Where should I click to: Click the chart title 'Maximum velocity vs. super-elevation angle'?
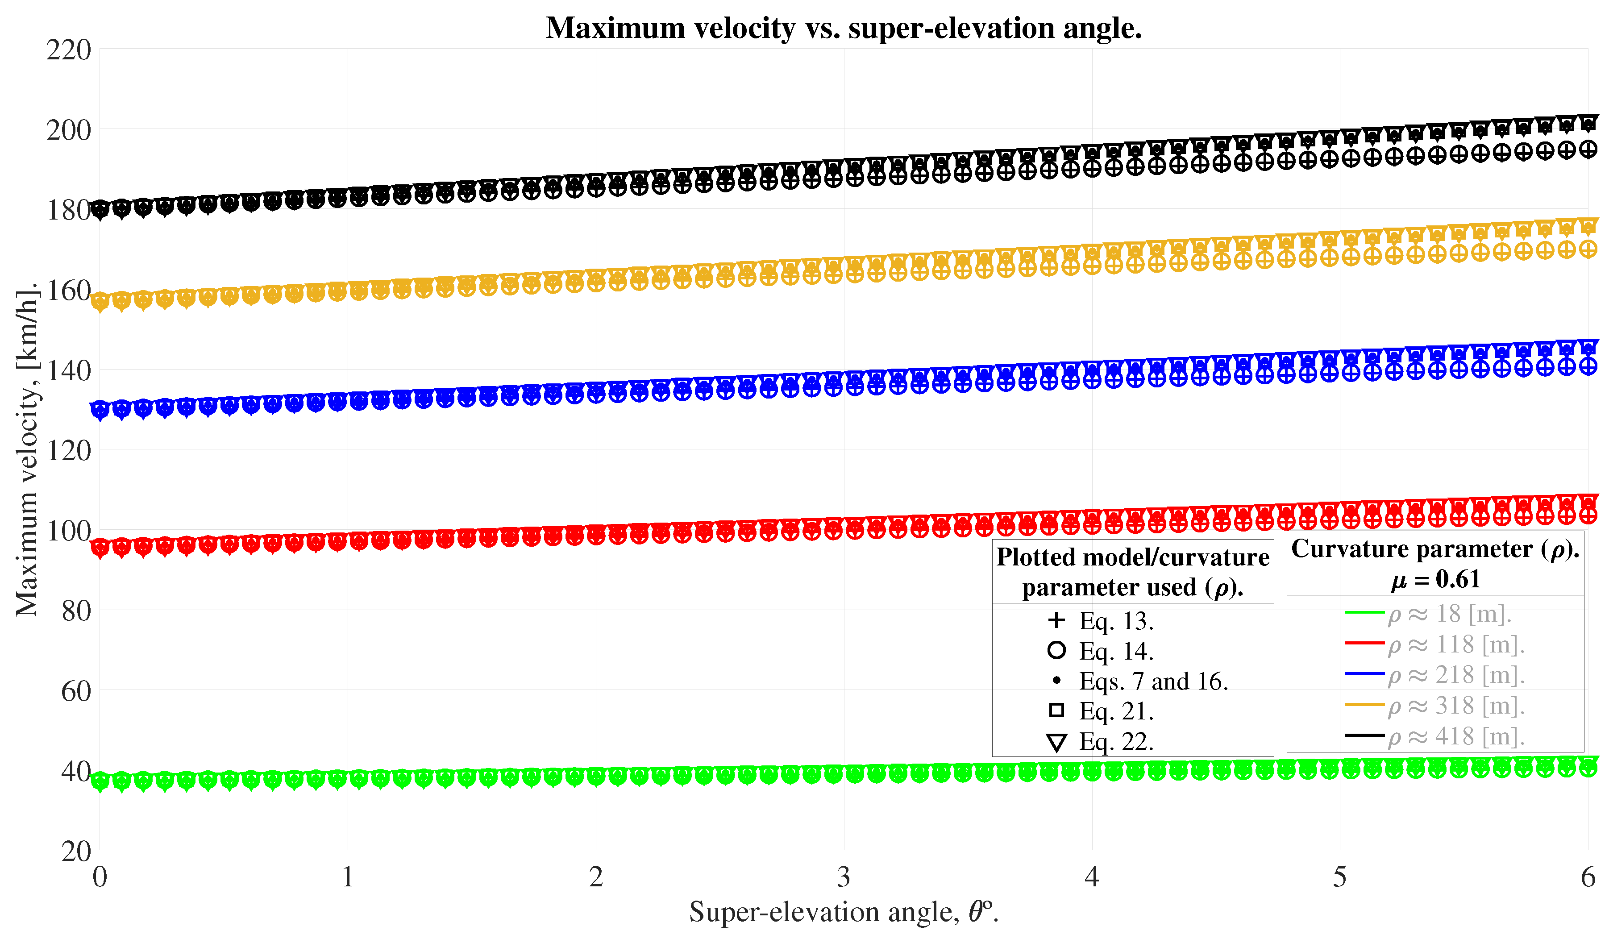(x=844, y=28)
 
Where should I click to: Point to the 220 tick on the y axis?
(x=68, y=50)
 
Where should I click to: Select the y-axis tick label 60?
(x=75, y=691)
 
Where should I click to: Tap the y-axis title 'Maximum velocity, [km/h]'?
(x=27, y=450)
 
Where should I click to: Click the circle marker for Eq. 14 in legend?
(x=1057, y=650)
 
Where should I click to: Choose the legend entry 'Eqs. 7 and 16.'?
(x=1153, y=681)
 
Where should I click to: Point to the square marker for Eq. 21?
(x=1057, y=710)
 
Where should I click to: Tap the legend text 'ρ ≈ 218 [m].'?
(x=1456, y=675)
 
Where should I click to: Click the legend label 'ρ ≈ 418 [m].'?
(x=1456, y=737)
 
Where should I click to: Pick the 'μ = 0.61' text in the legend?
(x=1435, y=579)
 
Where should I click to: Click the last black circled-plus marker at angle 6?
(x=1588, y=150)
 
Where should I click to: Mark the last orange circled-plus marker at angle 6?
(x=1588, y=249)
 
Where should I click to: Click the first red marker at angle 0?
(x=100, y=547)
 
